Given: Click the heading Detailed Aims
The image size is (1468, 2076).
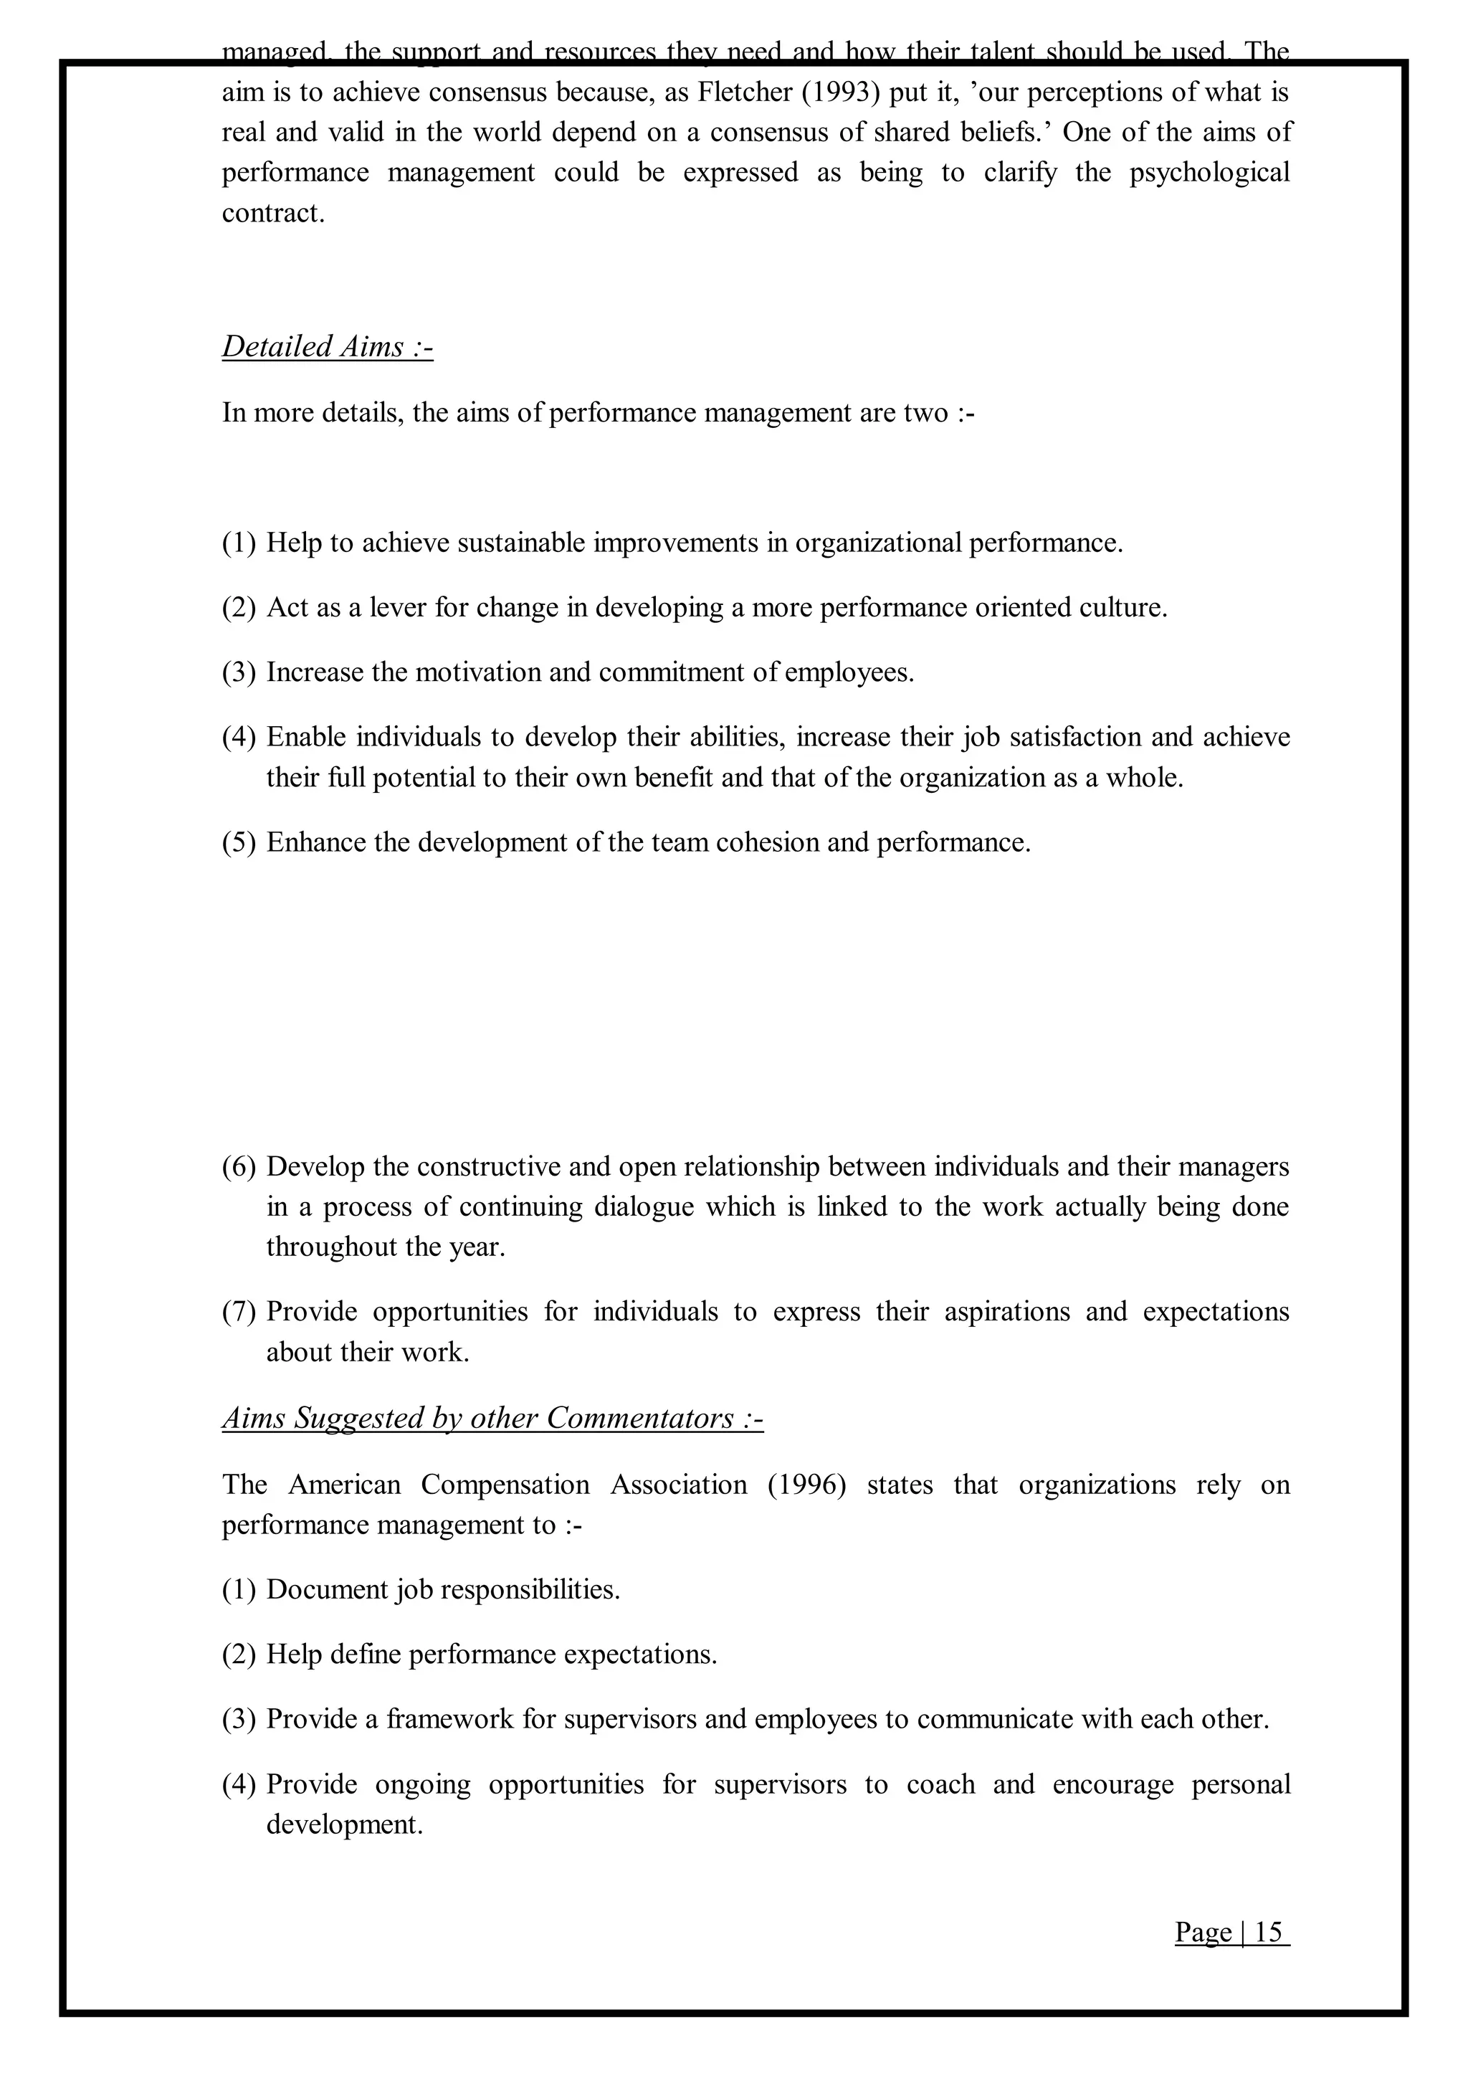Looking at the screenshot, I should click(x=328, y=346).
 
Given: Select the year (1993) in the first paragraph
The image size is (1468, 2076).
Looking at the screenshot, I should click(x=841, y=92).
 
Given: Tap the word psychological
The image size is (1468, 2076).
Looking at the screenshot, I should click(x=1209, y=173).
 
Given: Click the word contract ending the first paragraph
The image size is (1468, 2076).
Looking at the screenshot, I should click(x=272, y=214).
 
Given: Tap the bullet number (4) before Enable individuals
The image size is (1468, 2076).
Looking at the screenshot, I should click(x=239, y=738).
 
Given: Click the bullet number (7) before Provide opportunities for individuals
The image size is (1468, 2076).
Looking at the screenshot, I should click(x=239, y=1312).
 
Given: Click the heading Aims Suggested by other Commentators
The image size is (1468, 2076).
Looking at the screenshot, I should click(x=492, y=1418).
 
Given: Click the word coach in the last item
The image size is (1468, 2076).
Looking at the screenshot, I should click(x=940, y=1784).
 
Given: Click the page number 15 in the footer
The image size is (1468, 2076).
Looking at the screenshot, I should click(x=1267, y=1932).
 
